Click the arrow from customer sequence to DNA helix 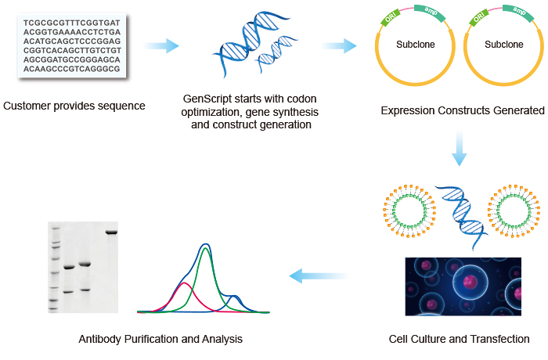[x=161, y=46]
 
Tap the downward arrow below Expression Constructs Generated [x=458, y=149]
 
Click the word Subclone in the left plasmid [x=416, y=45]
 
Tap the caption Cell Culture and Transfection [x=459, y=339]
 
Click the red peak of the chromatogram [x=183, y=285]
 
